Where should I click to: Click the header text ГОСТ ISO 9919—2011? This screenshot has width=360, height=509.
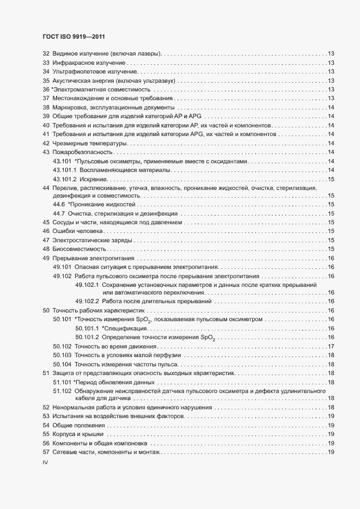(x=73, y=37)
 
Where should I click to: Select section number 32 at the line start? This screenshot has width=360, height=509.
(x=46, y=54)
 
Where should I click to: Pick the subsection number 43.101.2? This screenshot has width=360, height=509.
(x=64, y=179)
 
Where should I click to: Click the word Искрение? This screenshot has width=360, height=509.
(x=93, y=179)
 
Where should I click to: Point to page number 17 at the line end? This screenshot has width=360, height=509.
(x=331, y=346)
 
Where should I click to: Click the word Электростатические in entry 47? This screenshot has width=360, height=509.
(x=82, y=240)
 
